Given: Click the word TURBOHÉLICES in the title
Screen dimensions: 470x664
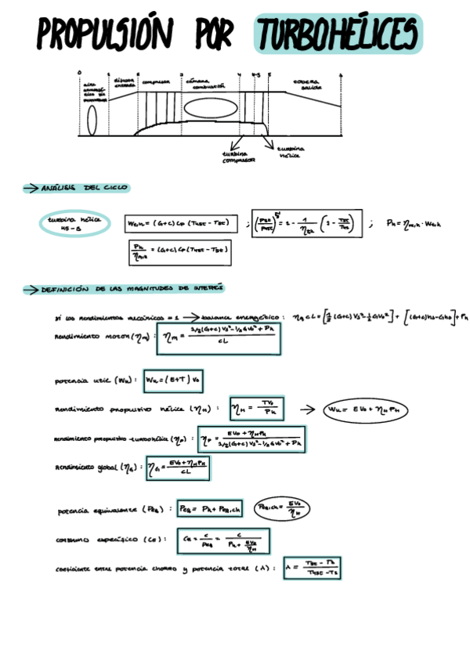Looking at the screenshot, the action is [338, 34].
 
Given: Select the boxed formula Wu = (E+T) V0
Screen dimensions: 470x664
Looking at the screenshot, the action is [173, 381].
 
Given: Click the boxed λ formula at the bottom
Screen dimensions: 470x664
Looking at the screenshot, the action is [313, 568].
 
